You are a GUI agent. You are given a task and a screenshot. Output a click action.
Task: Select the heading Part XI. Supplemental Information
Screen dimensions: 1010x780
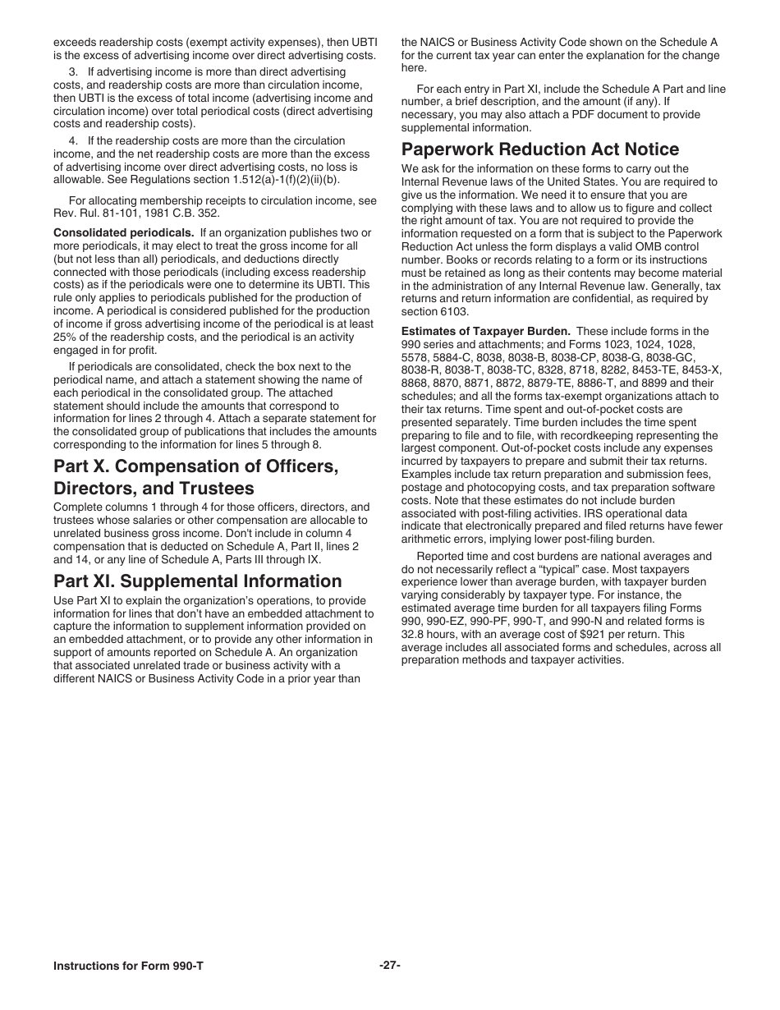(x=197, y=581)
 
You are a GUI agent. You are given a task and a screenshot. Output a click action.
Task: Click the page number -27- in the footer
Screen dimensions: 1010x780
(x=390, y=966)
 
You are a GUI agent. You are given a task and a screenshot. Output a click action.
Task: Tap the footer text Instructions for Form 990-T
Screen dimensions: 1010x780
(x=128, y=966)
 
